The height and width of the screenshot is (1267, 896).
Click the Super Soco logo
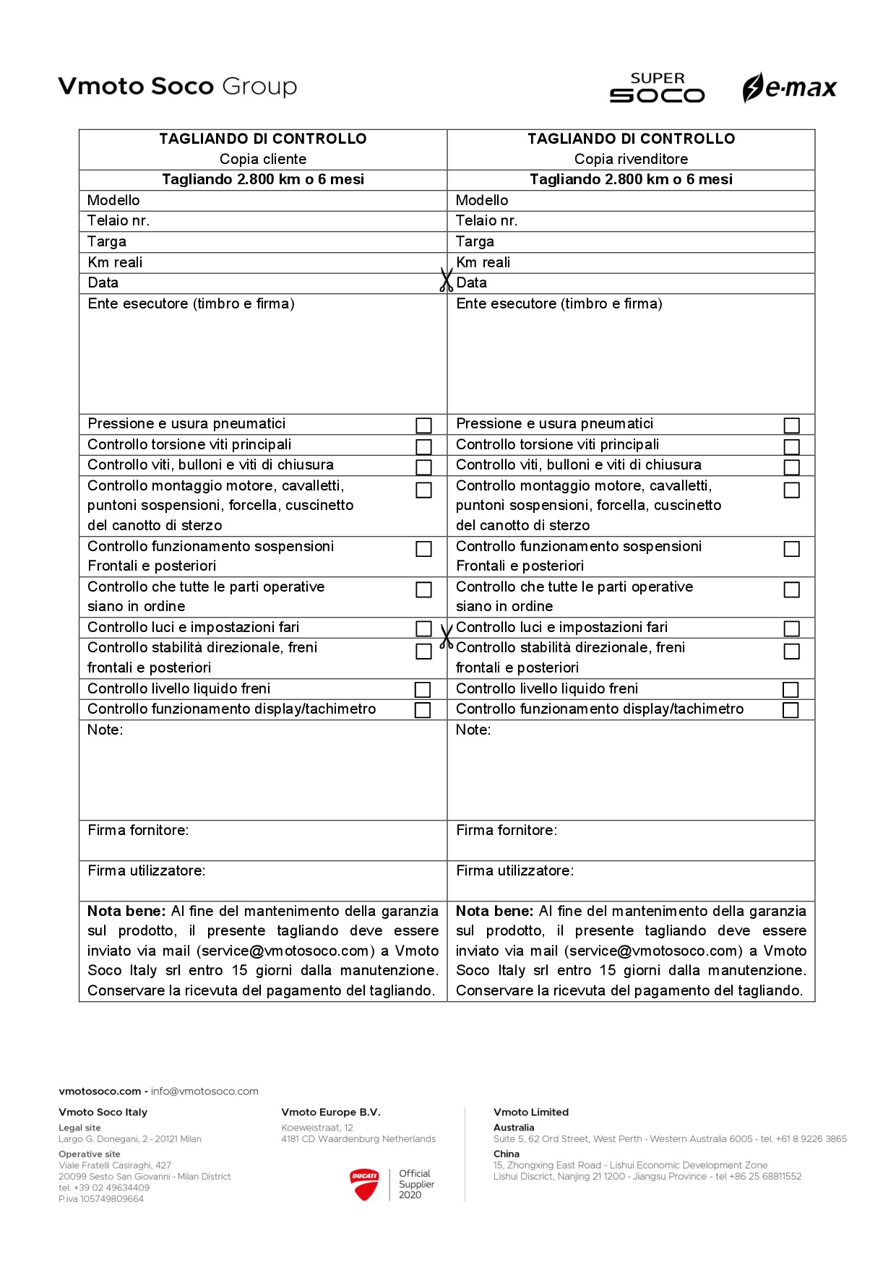[x=657, y=88]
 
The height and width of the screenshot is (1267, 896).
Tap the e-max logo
[x=789, y=88]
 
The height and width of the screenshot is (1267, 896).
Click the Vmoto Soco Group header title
[x=178, y=87]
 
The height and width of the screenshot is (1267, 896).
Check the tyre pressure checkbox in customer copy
[x=424, y=425]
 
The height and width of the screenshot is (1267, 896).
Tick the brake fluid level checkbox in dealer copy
[x=791, y=690]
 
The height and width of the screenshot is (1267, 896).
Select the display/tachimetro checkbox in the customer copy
[x=423, y=710]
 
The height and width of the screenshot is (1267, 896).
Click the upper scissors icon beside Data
[x=446, y=280]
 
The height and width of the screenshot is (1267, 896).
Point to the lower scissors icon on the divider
[x=446, y=636]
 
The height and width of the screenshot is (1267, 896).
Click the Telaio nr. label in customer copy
[x=119, y=221]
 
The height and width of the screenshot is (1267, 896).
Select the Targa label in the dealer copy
[x=475, y=242]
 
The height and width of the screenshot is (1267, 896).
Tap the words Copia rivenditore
[x=631, y=160]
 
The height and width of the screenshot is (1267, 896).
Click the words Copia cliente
[x=263, y=160]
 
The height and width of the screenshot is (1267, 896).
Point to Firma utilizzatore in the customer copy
[x=147, y=871]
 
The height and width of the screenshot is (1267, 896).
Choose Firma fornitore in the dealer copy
[x=507, y=831]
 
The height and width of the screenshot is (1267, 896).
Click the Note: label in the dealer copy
[x=473, y=730]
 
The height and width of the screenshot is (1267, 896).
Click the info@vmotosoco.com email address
[x=204, y=1091]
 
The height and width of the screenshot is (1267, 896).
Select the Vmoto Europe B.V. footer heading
[x=331, y=1112]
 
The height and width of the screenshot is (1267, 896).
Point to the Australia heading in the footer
[x=514, y=1128]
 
